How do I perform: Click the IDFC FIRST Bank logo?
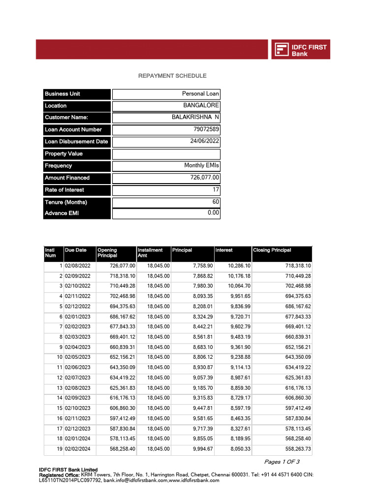click(300, 50)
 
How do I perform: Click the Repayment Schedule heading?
click(172, 76)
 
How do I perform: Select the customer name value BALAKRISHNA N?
click(195, 118)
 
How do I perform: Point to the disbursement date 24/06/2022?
click(204, 141)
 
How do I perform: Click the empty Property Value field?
click(166, 154)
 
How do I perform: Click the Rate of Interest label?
click(64, 190)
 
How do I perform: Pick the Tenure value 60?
click(215, 202)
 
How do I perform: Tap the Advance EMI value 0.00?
click(213, 213)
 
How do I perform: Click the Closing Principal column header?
click(272, 250)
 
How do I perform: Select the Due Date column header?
click(75, 250)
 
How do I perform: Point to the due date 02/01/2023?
click(77, 316)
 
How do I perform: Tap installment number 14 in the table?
click(59, 398)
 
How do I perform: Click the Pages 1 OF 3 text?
click(282, 462)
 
